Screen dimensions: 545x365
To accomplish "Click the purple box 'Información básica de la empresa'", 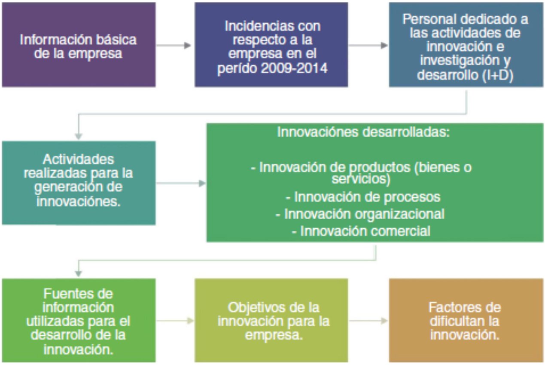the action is click(79, 45).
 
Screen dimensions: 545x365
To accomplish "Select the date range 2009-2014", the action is click(294, 68).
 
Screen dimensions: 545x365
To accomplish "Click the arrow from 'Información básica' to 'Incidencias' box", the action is click(174, 45).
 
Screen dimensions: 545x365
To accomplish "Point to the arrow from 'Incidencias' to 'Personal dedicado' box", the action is click(368, 45).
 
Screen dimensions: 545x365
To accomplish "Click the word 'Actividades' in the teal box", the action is click(78, 159).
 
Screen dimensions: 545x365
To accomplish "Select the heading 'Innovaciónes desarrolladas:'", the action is click(363, 132).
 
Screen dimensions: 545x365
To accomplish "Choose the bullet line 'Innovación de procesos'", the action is click(363, 197).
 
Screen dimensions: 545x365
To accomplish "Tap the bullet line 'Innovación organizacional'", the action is click(360, 214).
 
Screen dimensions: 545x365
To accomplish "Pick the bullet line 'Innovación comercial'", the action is click(361, 231).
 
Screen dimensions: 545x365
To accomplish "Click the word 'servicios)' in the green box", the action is click(361, 179).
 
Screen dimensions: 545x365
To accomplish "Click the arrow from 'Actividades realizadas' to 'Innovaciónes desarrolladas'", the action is click(181, 183).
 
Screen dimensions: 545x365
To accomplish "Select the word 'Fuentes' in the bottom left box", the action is click(78, 294).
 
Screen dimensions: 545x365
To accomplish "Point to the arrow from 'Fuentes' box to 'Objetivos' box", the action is click(175, 321).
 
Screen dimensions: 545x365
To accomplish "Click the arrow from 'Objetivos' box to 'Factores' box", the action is click(368, 321).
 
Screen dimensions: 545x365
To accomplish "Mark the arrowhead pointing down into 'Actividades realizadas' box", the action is click(78, 136).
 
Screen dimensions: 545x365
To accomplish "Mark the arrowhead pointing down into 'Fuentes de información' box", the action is click(78, 274).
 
